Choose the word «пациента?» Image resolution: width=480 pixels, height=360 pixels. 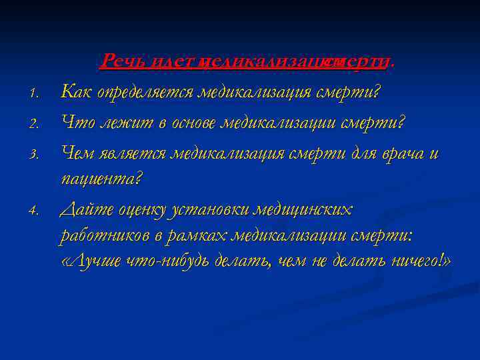(101, 179)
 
